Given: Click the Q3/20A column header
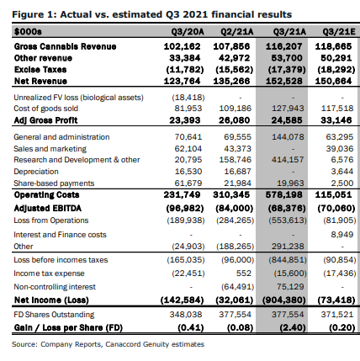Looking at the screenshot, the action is point(188,32).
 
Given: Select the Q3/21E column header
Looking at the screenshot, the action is point(339,32).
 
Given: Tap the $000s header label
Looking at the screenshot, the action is point(28,32).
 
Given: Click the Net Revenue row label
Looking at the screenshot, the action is point(40,81).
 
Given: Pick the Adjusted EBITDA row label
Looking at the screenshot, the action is point(48,208).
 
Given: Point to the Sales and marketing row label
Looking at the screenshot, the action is point(50,149).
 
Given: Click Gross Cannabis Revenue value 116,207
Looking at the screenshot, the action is point(284,46).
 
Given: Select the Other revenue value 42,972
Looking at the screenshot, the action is point(234,58).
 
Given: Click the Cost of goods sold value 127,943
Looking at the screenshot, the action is point(288,109).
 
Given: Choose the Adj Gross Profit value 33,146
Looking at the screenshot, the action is point(336,120).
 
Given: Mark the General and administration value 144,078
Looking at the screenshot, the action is point(288,137).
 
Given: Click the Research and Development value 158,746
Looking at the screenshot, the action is point(236,160).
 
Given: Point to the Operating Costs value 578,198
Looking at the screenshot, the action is point(284,194).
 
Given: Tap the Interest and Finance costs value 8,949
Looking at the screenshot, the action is point(342,235).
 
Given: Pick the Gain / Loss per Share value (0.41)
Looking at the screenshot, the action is point(191,327).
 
